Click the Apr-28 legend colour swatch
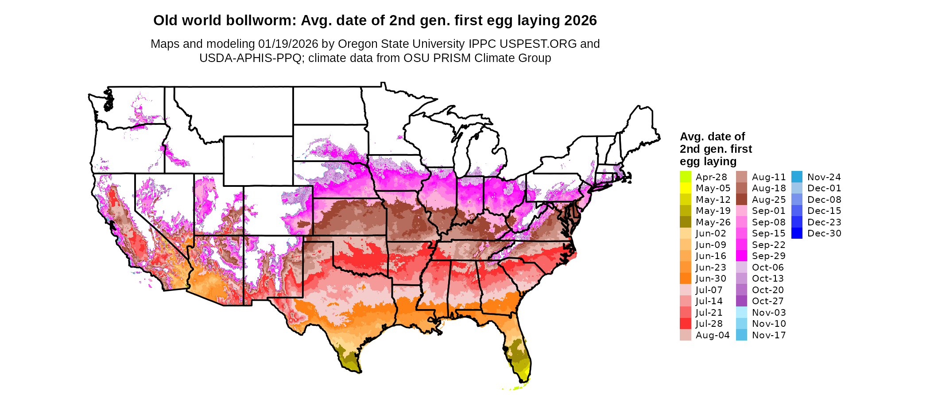tap(685, 177)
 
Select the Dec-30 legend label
tap(824, 233)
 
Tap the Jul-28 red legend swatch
tap(685, 324)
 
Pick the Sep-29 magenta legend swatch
tap(741, 256)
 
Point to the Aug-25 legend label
tap(768, 200)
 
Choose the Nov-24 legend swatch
tap(797, 177)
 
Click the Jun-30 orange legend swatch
tap(685, 279)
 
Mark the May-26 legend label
tap(713, 222)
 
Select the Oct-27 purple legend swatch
tap(741, 301)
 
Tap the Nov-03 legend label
tap(769, 313)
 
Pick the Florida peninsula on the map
tap(520, 354)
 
